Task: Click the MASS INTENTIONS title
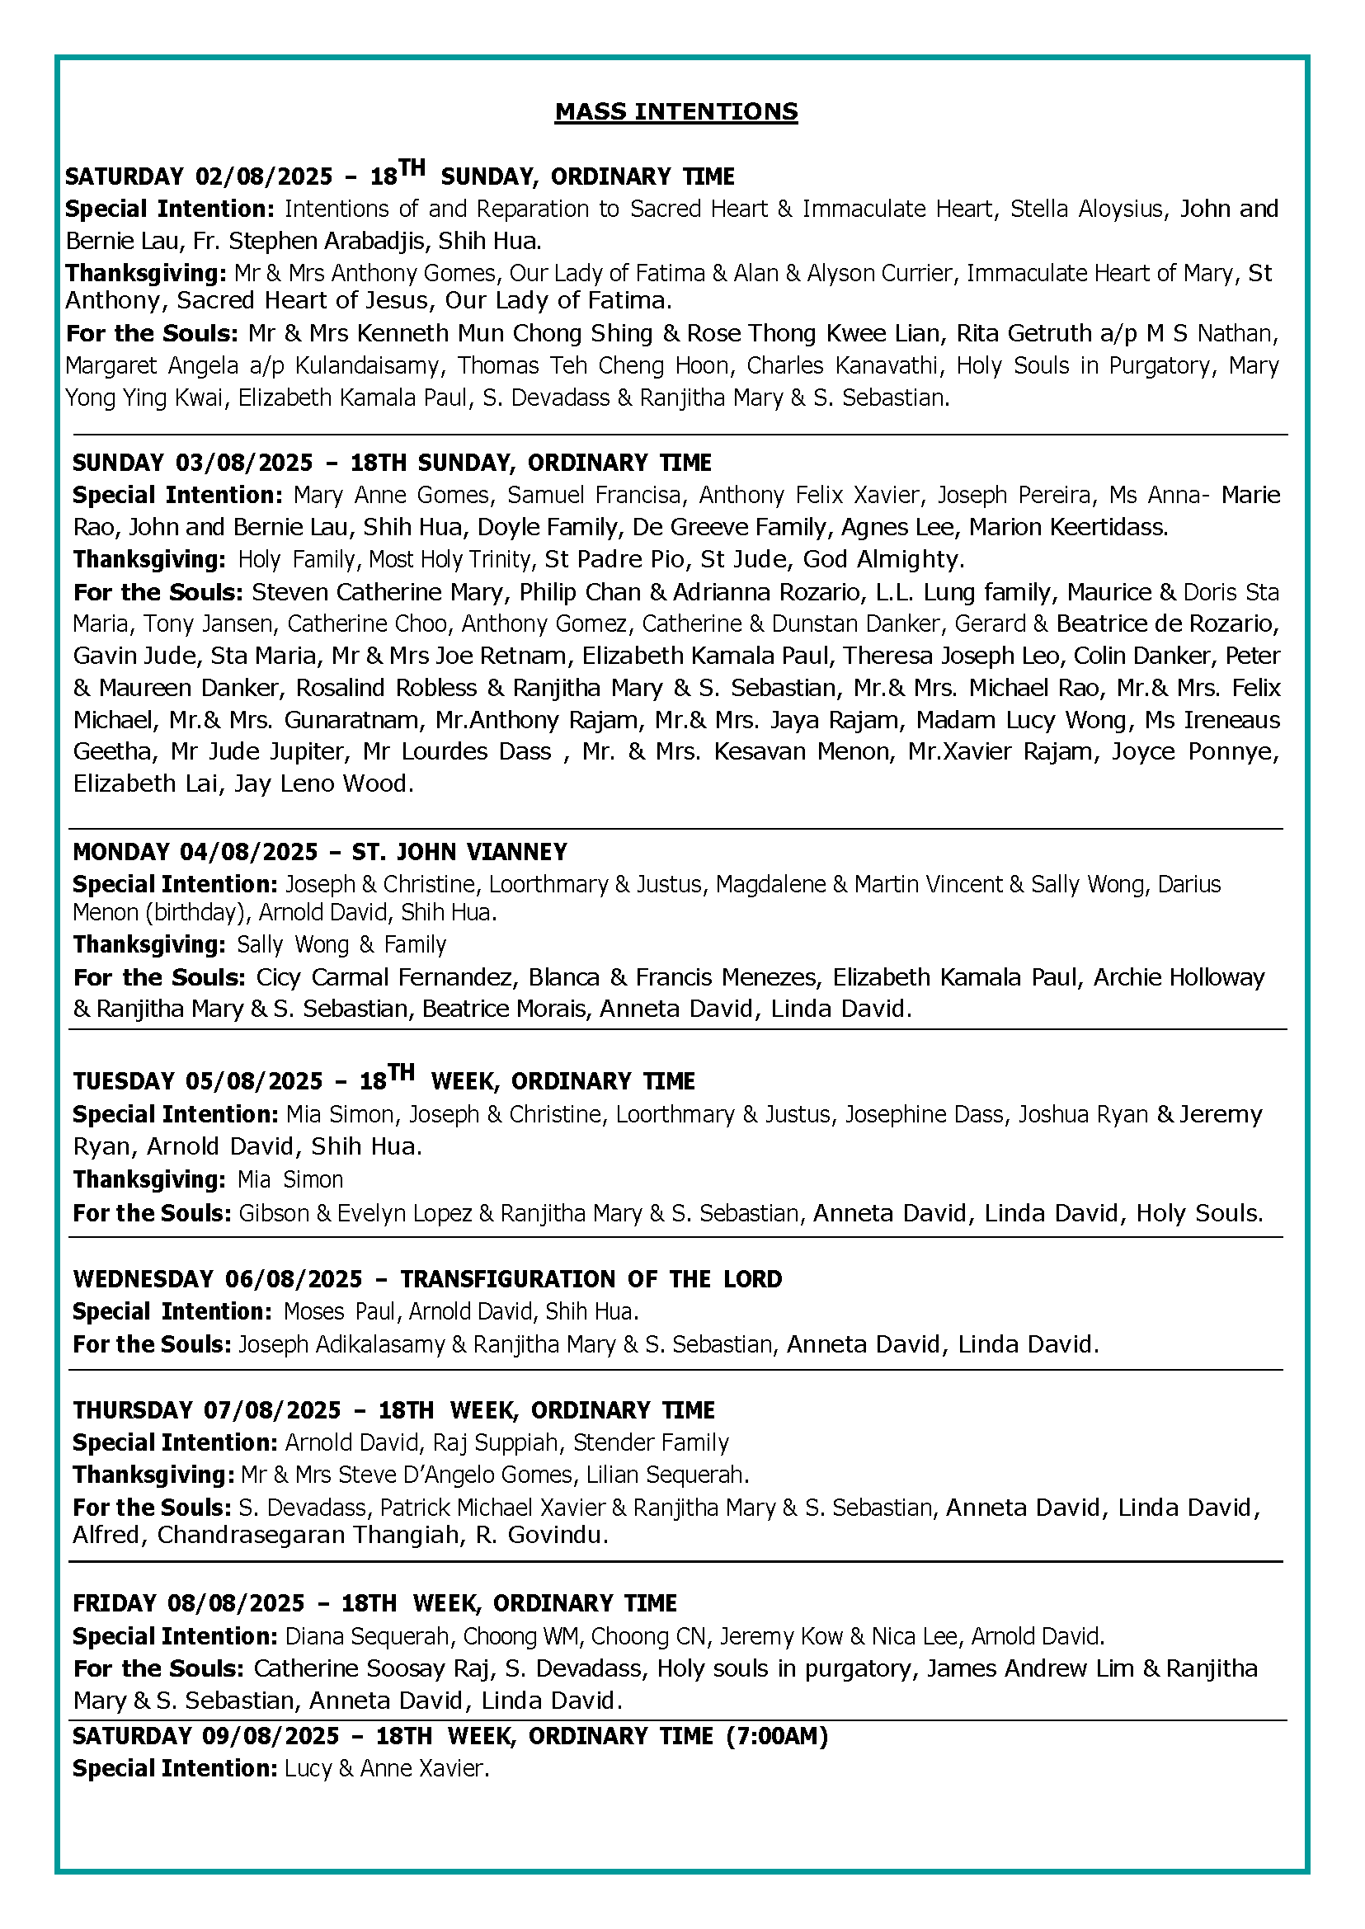pyautogui.click(x=675, y=112)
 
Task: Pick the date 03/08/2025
pyautogui.click(x=244, y=463)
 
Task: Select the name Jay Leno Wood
pyautogui.click(x=323, y=783)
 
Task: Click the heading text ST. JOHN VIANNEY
pyautogui.click(x=459, y=852)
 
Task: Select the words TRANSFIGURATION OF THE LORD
pyautogui.click(x=590, y=1279)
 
